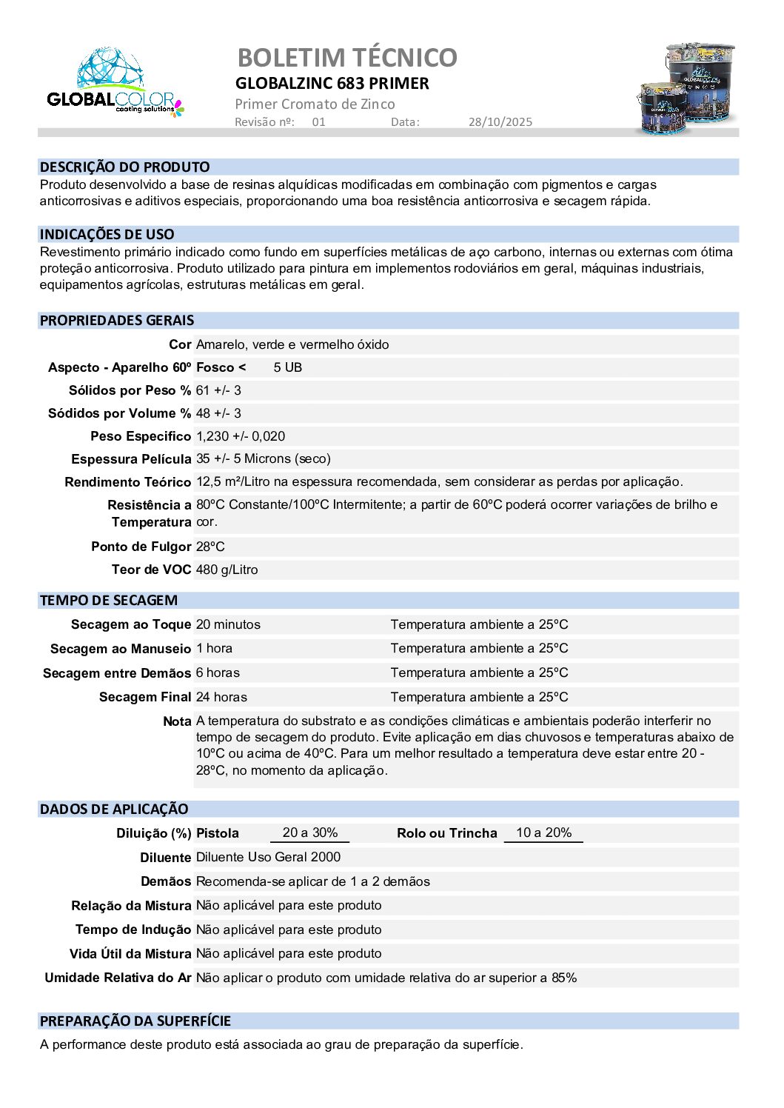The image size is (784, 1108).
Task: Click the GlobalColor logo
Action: tap(115, 83)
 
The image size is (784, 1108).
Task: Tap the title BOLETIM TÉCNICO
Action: tap(346, 57)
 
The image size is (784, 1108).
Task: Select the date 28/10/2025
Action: tap(500, 122)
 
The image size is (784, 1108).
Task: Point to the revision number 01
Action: tap(318, 122)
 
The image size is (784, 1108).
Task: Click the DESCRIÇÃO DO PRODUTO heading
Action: tap(124, 167)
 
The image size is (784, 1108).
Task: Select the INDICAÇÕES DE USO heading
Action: tap(107, 235)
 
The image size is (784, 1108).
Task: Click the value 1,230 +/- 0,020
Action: tap(240, 436)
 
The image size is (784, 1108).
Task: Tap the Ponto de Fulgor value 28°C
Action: tap(210, 547)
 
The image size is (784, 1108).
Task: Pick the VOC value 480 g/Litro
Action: tap(227, 570)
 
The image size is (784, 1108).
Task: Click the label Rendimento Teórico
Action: tap(127, 482)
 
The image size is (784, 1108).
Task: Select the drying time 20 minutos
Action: tap(228, 624)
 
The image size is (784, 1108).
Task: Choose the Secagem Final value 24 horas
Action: tap(221, 697)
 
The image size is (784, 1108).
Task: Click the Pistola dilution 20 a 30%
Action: tap(309, 832)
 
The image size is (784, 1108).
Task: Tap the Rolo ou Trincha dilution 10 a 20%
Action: tap(543, 832)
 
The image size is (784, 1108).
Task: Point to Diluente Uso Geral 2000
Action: tap(268, 857)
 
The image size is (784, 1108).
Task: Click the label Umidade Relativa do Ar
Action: tap(118, 978)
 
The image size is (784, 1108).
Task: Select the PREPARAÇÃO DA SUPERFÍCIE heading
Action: tap(135, 1021)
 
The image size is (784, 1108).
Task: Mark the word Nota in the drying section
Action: tap(177, 721)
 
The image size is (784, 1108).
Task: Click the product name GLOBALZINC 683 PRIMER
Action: tap(332, 83)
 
